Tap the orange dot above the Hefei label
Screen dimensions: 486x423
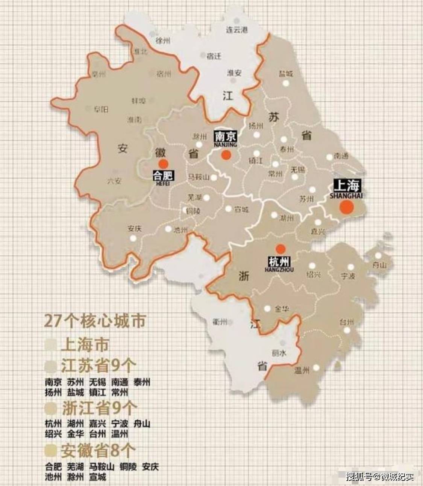coord(163,163)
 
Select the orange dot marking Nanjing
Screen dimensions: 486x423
coord(226,155)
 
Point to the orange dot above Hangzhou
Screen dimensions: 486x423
coord(280,248)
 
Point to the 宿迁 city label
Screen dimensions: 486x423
coord(214,56)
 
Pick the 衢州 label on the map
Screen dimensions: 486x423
coord(220,322)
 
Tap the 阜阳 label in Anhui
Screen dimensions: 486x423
coord(101,109)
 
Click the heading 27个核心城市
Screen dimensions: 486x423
coord(95,321)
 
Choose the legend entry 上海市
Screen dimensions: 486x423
coord(85,345)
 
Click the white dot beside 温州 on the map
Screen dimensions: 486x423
coord(315,368)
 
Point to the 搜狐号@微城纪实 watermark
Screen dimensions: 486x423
coord(379,477)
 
